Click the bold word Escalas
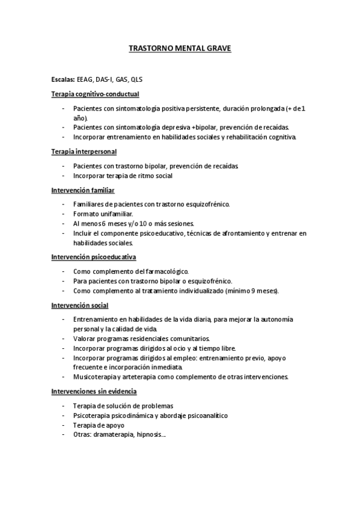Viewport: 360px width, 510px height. tap(63, 79)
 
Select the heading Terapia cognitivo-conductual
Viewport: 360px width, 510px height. tap(95, 94)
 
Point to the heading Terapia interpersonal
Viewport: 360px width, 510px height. tap(84, 151)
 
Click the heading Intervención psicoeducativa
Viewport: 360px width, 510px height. tap(93, 257)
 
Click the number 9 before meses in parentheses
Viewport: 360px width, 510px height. tap(252, 290)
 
